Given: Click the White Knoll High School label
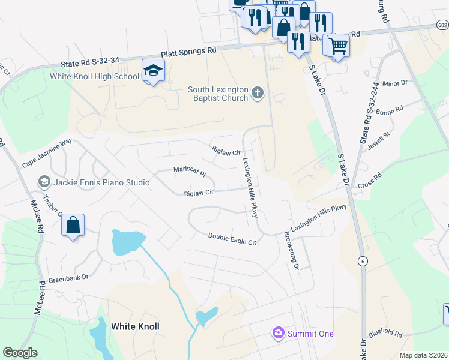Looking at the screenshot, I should [x=95, y=76].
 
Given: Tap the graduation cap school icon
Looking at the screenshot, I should [x=153, y=70].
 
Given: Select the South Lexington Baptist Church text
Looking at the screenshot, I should [x=218, y=94].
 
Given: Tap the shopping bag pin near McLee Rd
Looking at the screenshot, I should [x=73, y=226].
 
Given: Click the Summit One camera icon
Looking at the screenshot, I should [x=278, y=333].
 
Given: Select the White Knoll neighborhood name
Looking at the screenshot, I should [x=135, y=326].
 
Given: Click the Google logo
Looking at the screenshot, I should [x=20, y=353].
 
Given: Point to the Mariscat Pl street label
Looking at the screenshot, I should [x=190, y=171].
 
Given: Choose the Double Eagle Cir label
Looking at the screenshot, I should [x=232, y=238].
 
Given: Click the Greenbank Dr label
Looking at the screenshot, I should [x=68, y=277].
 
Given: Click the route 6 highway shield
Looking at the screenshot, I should [x=363, y=261].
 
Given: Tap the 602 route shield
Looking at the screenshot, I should [x=442, y=25].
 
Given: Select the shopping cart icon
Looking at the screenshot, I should [x=338, y=45].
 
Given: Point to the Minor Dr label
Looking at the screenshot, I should [x=394, y=83].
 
